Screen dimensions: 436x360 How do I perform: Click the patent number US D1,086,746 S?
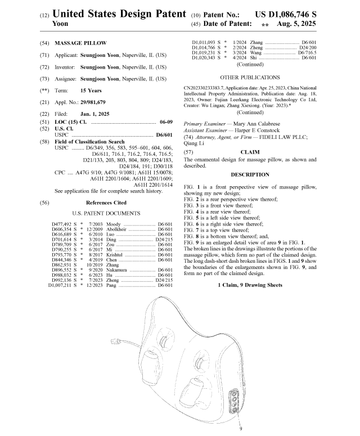point(285,13)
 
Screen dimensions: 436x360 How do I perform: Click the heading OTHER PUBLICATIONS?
point(250,77)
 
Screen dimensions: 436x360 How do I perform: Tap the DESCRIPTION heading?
point(250,174)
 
